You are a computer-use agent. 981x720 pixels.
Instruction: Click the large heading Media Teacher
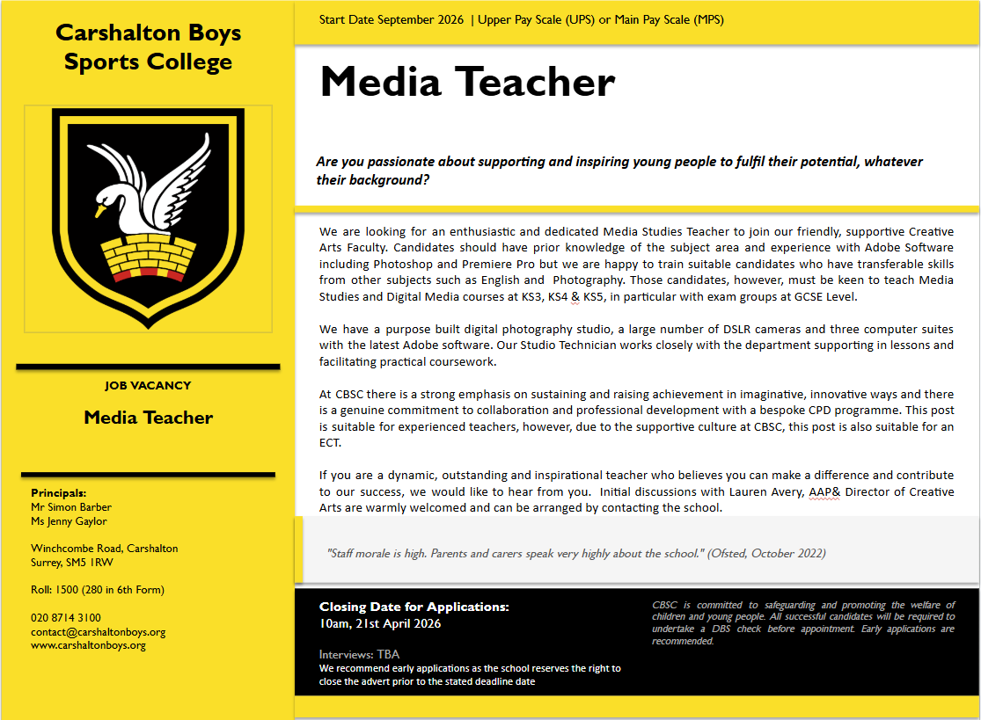point(467,83)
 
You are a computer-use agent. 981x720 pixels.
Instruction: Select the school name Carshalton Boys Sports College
point(148,47)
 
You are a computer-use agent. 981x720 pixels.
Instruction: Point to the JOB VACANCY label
point(148,386)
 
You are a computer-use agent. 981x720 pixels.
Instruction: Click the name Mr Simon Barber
point(71,507)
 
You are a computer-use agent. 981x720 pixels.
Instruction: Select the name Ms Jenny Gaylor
point(69,521)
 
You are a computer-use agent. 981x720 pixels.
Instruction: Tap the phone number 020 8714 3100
point(66,618)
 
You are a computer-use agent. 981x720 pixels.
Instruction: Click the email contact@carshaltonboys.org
point(99,631)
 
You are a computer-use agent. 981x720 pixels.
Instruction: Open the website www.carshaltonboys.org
point(88,645)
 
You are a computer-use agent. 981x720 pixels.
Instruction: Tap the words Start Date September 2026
point(392,19)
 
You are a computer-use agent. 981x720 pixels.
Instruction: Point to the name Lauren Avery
point(765,492)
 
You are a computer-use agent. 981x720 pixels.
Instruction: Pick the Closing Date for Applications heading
point(414,607)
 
